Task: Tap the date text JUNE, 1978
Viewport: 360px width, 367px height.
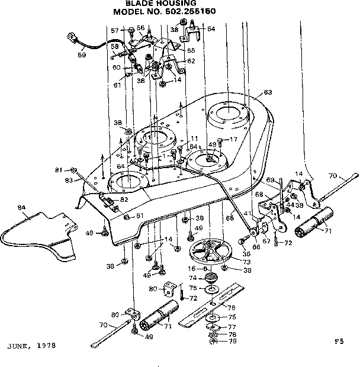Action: tap(32, 345)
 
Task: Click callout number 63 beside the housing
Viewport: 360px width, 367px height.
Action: tap(268, 92)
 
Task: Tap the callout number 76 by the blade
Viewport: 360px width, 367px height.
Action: tap(232, 308)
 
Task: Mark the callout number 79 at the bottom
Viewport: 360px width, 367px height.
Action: tap(232, 341)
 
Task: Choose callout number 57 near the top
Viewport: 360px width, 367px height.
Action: tap(115, 30)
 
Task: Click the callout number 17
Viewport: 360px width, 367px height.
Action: tap(233, 140)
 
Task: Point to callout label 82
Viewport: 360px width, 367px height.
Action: tap(124, 199)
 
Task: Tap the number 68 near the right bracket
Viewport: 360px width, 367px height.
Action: tap(259, 194)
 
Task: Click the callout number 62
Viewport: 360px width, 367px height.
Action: tap(191, 60)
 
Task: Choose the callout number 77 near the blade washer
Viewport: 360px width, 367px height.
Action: tap(232, 326)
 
